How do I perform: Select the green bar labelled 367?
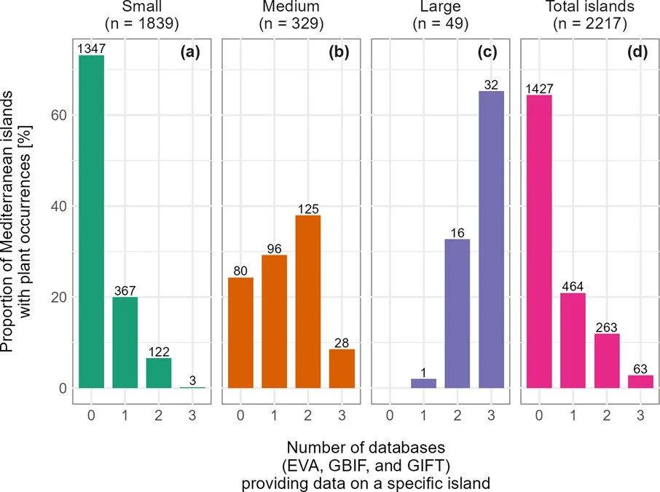(125, 343)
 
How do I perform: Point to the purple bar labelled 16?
(457, 314)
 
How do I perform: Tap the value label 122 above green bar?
(159, 352)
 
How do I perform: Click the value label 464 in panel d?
(572, 286)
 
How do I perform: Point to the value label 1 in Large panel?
(423, 373)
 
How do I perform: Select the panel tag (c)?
(490, 53)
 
